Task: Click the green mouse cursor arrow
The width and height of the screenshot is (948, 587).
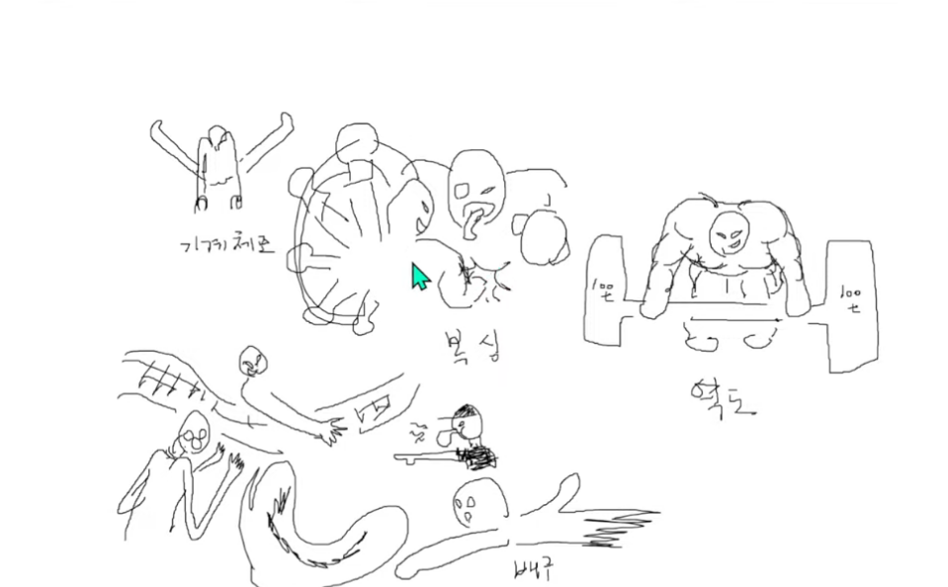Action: [x=420, y=277]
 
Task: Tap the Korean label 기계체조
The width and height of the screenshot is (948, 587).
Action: [x=227, y=246]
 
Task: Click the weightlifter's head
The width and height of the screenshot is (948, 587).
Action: [x=729, y=231]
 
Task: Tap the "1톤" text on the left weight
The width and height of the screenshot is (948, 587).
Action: [x=602, y=291]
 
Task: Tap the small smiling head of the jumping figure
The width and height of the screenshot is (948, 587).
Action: [x=252, y=361]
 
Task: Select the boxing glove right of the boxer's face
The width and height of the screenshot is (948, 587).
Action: [x=540, y=236]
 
